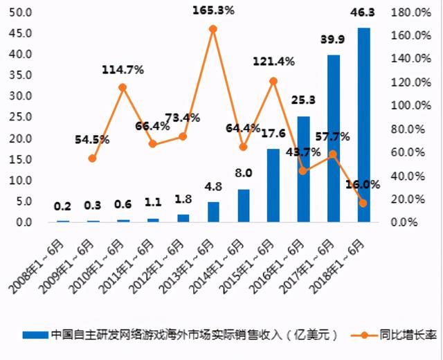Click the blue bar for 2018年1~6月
coord(363,125)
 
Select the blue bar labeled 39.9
coord(334,138)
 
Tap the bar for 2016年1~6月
coord(303,169)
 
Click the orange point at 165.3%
coord(213,29)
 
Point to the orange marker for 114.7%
coord(123,87)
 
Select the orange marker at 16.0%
coord(363,203)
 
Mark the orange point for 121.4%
coord(273,81)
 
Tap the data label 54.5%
coord(92,139)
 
